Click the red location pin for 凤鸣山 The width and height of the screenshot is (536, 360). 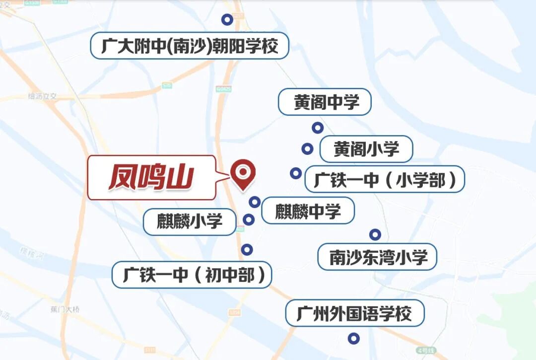click(x=243, y=172)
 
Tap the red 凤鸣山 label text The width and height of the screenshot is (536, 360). click(x=151, y=178)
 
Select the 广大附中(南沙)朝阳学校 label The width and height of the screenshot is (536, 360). click(x=189, y=47)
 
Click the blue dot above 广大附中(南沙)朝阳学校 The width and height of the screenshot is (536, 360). click(x=227, y=20)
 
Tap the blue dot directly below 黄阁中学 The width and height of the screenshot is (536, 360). click(x=318, y=128)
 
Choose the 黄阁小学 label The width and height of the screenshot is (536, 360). click(x=366, y=149)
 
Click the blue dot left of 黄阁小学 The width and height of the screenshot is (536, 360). click(x=308, y=148)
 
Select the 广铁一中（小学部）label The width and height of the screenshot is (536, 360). click(x=384, y=180)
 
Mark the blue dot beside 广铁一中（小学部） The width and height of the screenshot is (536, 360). click(x=296, y=173)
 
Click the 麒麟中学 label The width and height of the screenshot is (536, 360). click(x=308, y=211)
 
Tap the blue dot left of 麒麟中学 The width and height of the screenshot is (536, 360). click(x=255, y=202)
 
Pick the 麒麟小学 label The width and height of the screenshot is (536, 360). click(x=190, y=221)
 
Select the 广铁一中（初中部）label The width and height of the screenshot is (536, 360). click(x=192, y=275)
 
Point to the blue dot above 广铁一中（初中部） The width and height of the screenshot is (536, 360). click(x=247, y=250)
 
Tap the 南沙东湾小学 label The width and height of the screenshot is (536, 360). click(x=377, y=257)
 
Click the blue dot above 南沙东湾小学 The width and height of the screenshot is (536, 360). click(x=375, y=235)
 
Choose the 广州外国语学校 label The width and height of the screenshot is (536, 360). click(x=354, y=313)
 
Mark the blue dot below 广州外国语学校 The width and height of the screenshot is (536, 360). click(x=353, y=339)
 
